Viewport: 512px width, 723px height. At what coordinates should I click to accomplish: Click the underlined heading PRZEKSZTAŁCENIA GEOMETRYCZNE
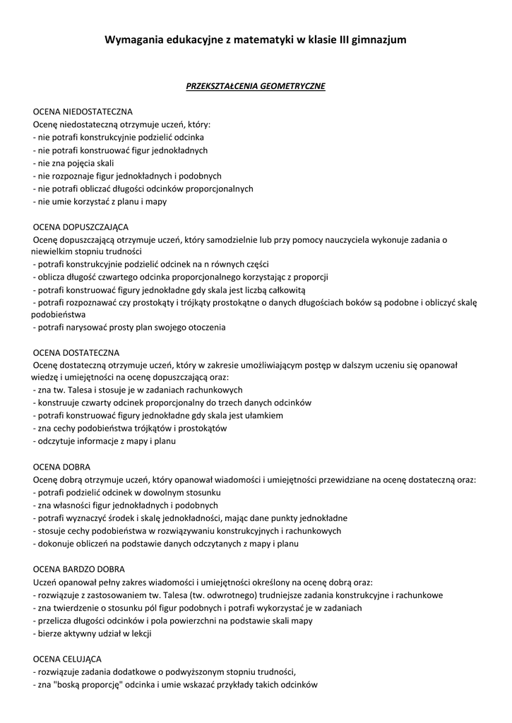pos(255,86)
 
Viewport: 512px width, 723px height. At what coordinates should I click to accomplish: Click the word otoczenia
pos(203,328)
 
